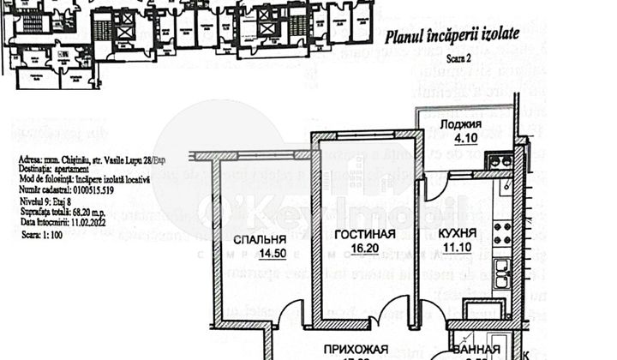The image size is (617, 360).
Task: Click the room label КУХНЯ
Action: point(465,233)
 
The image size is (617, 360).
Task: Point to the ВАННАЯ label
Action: point(477,351)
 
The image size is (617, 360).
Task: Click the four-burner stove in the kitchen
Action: point(502,231)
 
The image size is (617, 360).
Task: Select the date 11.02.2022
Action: point(85,222)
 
